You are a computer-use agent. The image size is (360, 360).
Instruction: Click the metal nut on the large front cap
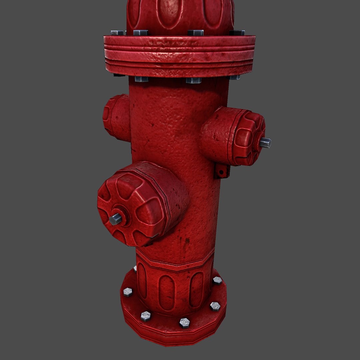(x=116, y=219)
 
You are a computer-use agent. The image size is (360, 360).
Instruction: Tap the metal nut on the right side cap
(x=266, y=143)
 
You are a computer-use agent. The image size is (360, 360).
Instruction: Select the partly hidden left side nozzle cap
(x=116, y=117)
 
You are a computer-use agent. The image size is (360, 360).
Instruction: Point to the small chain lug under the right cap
(x=222, y=171)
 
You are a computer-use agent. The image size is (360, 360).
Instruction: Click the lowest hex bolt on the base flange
(x=184, y=322)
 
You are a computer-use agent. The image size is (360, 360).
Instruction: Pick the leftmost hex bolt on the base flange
(x=128, y=292)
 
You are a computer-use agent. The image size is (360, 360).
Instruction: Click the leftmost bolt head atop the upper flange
(x=117, y=33)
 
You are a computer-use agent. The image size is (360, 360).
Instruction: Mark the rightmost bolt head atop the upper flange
(x=237, y=33)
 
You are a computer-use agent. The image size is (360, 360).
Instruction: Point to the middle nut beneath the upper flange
(x=193, y=80)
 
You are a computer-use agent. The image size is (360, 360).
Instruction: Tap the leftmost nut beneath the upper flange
(x=142, y=79)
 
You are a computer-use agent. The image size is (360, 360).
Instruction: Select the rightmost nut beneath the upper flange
(x=234, y=77)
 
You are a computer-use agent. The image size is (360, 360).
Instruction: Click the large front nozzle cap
(x=142, y=203)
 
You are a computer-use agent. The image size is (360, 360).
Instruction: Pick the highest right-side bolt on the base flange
(x=217, y=280)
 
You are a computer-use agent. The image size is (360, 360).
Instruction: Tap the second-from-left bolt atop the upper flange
(x=141, y=33)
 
